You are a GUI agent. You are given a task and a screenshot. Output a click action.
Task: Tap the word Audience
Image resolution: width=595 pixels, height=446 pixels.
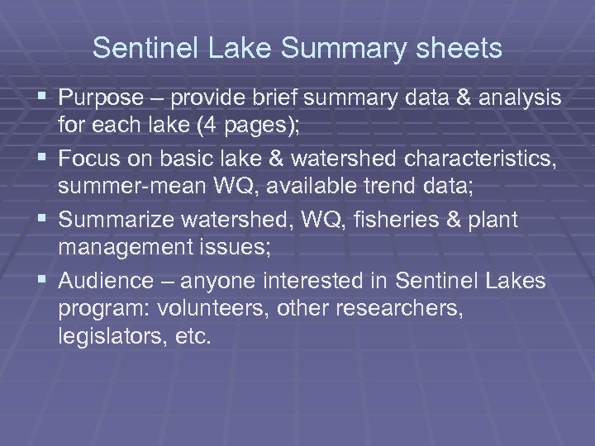tap(106, 282)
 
